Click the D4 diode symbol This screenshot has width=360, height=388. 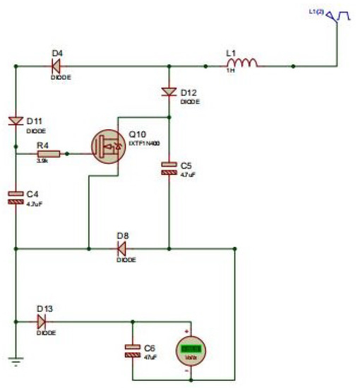click(56, 66)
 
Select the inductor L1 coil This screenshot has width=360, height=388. click(242, 64)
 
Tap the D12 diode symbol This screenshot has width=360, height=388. click(169, 91)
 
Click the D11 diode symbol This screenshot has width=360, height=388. click(15, 120)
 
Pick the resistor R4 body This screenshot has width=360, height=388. click(48, 152)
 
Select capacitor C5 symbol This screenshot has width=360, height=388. click(169, 168)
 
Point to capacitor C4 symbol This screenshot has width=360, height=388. click(15, 197)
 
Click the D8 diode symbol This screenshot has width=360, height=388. click(121, 248)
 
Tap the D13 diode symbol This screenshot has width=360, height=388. click(42, 321)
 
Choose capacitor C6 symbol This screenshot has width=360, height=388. click(132, 351)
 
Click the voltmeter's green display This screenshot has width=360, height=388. click(189, 348)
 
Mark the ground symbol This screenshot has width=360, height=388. click(15, 363)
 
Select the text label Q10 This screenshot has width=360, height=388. click(136, 133)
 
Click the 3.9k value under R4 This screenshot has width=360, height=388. click(42, 162)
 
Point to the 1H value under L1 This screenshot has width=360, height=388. click(229, 71)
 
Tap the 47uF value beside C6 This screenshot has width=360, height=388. click(150, 358)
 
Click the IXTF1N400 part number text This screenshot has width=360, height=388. click(145, 143)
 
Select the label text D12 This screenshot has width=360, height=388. click(188, 92)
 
